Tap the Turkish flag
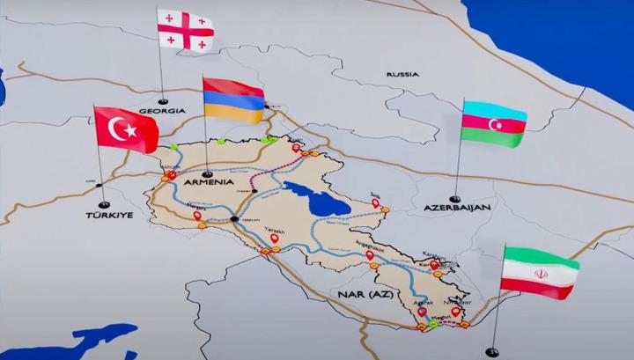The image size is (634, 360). coord(125,129)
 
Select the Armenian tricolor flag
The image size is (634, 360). coord(233,101)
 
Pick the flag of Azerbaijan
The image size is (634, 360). coord(493,123)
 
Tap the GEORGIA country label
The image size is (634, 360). coord(163,112)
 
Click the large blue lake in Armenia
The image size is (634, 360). coord(315,201)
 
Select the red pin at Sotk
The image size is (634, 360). coord(376,203)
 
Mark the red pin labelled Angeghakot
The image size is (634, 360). coord(369,255)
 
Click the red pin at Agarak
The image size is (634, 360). coord(422,312)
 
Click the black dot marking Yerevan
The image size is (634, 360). coord(233,217)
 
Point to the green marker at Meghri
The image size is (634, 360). coord(433,324)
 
